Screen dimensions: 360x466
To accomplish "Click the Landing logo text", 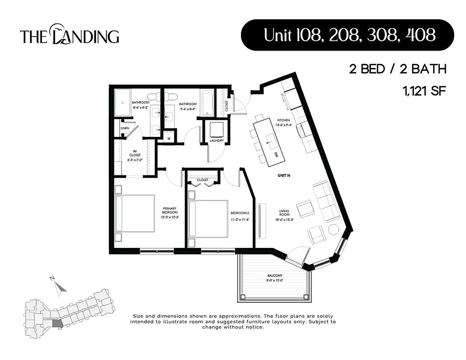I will [69, 36].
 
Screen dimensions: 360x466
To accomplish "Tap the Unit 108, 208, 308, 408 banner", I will [347, 35].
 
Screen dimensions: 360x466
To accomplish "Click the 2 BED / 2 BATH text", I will [397, 69].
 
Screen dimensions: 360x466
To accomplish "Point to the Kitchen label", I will [284, 123].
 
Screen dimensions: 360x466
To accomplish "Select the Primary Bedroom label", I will [169, 213].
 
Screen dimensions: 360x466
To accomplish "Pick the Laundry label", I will [216, 140].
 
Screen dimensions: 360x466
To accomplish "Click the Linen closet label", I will [125, 128].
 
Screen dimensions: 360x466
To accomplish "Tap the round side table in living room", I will [333, 229].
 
